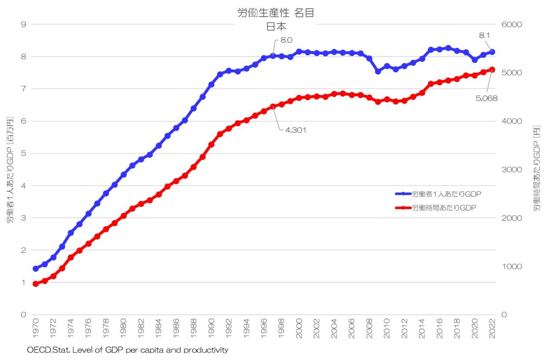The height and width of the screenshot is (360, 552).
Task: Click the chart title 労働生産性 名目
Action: [x=276, y=13]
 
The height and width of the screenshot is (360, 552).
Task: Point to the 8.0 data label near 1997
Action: [x=286, y=40]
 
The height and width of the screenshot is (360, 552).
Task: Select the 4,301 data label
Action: [x=295, y=130]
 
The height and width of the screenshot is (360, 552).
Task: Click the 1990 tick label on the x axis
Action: [x=212, y=327]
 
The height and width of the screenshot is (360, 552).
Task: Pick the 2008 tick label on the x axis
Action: [x=369, y=327]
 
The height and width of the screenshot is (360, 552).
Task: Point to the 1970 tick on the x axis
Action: [x=36, y=327]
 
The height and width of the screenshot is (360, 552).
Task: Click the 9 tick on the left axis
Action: [x=23, y=24]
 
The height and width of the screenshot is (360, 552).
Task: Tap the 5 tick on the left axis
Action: [x=23, y=154]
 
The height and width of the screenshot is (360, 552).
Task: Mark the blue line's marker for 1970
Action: [x=36, y=269]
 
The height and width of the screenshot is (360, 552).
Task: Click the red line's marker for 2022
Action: [x=492, y=70]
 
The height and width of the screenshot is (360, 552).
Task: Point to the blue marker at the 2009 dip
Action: [x=378, y=71]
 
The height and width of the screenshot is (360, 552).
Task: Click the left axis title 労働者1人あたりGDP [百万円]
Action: [x=10, y=170]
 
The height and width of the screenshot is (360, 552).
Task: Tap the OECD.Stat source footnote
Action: [x=127, y=350]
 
